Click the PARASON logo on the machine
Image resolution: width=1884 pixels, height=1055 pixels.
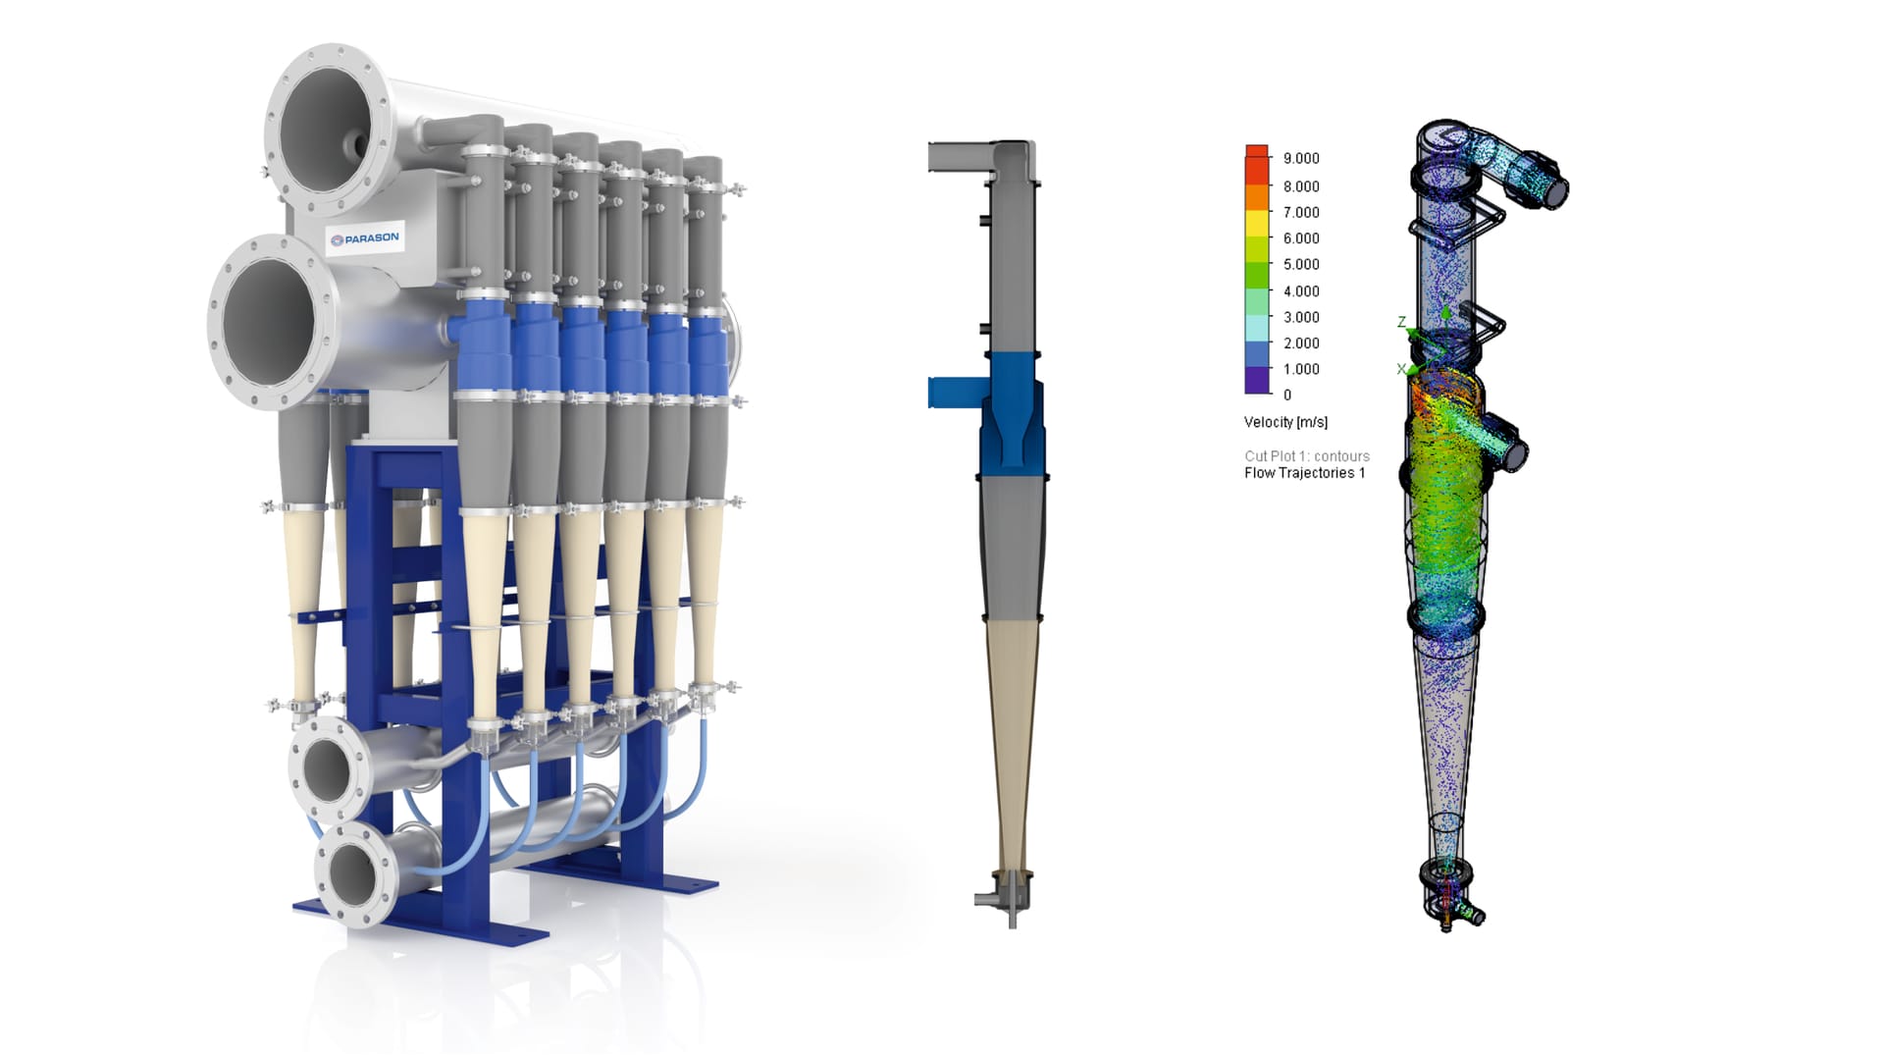[364, 238]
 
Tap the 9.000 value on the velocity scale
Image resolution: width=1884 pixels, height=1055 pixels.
[1301, 158]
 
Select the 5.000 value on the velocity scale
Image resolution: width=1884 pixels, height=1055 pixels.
[1301, 264]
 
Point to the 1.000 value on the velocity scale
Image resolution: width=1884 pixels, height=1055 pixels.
[1301, 369]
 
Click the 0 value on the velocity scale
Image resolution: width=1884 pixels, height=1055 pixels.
[1287, 395]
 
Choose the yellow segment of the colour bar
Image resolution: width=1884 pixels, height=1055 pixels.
[1257, 224]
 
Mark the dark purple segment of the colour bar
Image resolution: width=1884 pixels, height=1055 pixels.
[1257, 381]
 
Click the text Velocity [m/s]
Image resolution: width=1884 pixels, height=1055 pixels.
[1285, 422]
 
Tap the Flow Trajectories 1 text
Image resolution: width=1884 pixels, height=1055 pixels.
[1304, 473]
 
